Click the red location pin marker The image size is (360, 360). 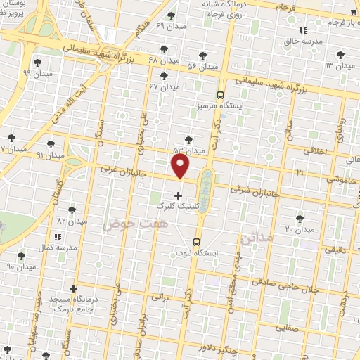181,166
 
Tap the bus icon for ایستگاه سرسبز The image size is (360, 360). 220,95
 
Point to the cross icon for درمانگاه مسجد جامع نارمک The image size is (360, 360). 73,288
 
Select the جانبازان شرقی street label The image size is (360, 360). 255,190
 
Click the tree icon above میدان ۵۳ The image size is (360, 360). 187,139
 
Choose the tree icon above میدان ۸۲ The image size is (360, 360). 72,210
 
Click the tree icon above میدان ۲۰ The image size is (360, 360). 300,219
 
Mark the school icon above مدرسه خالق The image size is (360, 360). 303,31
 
